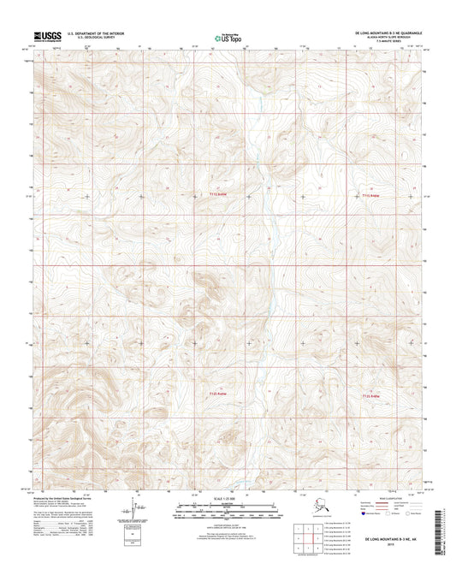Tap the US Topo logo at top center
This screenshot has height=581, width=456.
(227, 37)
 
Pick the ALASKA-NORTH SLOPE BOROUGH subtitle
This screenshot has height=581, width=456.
(390, 36)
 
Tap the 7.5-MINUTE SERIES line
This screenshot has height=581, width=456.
(390, 40)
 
